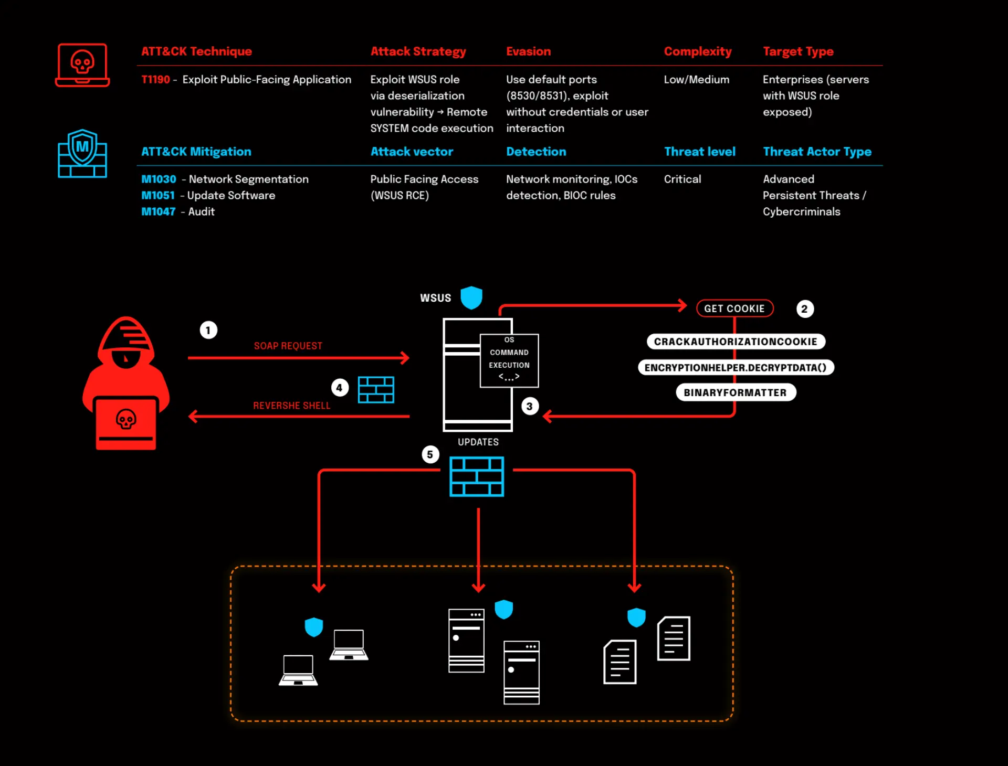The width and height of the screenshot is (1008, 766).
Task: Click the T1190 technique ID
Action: [155, 80]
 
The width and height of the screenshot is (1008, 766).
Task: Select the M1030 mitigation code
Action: [159, 179]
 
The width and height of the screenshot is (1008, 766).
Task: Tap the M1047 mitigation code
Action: [158, 212]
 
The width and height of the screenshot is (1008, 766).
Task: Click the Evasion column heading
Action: [528, 51]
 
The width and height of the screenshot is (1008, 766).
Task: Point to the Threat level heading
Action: [699, 152]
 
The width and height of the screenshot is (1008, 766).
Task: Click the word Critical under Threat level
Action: [682, 179]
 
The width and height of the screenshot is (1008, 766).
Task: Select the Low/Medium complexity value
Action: [696, 80]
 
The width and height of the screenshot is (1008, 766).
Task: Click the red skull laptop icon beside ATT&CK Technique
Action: [82, 65]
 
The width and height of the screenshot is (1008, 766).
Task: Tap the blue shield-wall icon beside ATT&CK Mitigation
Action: [82, 153]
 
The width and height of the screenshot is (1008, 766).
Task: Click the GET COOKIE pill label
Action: [734, 308]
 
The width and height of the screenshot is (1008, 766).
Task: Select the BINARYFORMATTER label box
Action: [736, 392]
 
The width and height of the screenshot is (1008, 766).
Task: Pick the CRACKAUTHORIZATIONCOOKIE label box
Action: [736, 342]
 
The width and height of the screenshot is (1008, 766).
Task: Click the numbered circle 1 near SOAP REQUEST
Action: [208, 330]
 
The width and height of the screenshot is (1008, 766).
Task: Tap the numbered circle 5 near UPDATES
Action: [430, 454]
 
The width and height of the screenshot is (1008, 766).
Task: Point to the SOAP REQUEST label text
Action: [288, 346]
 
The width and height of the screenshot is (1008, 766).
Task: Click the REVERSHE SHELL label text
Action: [292, 406]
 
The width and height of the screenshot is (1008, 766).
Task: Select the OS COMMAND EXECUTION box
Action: [509, 361]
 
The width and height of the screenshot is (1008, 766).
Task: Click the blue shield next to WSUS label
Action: [471, 297]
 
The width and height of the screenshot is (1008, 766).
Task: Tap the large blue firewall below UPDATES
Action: [477, 476]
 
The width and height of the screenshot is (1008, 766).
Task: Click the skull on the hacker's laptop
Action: [126, 419]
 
